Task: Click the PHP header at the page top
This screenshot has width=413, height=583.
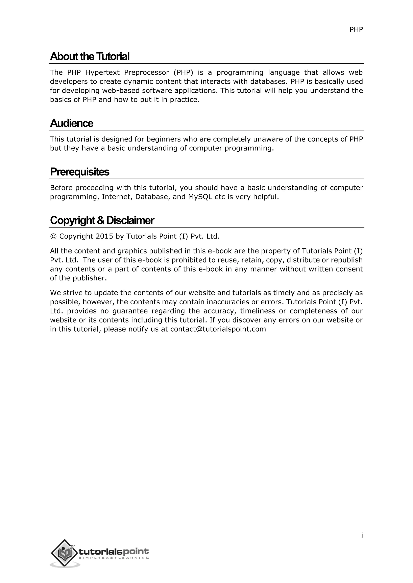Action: tap(356, 30)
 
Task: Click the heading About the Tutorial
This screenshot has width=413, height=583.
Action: tap(90, 56)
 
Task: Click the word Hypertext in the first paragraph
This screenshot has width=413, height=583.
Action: tap(102, 73)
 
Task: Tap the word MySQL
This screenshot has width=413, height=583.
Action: tap(200, 197)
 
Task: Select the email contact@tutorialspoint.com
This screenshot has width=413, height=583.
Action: tap(218, 329)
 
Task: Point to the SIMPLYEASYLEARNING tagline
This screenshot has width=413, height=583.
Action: tap(114, 558)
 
